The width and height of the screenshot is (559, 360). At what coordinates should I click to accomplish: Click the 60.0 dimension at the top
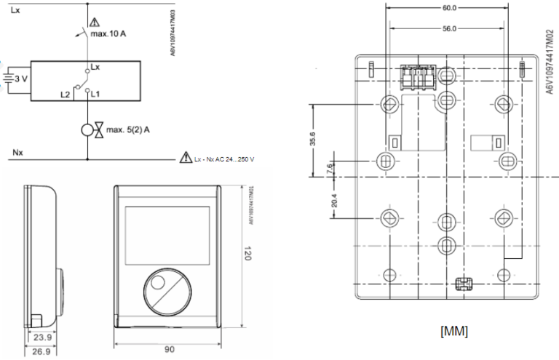(x=449, y=8)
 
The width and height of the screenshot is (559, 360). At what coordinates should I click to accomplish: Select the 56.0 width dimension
(x=449, y=29)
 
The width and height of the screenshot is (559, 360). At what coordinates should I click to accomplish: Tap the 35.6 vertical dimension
(x=313, y=139)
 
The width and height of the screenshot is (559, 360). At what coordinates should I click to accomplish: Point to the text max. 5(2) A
(x=128, y=130)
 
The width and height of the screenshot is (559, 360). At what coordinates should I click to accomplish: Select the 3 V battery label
(x=21, y=76)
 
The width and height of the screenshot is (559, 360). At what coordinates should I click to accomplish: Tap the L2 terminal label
(x=65, y=95)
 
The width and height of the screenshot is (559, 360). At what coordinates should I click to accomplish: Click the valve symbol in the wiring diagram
(x=89, y=131)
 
